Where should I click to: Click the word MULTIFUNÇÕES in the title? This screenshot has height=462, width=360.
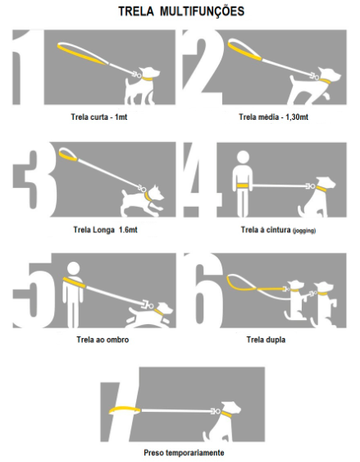click(x=202, y=12)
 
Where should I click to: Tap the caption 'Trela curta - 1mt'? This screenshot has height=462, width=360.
click(x=99, y=117)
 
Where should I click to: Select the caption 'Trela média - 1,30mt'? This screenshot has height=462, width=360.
click(x=273, y=117)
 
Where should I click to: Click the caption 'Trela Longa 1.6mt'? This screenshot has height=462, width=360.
click(x=105, y=230)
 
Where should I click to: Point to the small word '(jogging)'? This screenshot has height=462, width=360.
click(x=304, y=231)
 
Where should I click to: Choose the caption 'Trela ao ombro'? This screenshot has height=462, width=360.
click(x=103, y=340)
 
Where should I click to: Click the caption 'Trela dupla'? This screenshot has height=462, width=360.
click(x=266, y=340)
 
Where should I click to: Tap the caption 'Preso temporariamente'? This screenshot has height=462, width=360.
click(x=184, y=452)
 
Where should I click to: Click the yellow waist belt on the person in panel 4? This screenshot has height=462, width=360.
click(x=243, y=185)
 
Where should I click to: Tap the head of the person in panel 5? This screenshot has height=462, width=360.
click(x=73, y=268)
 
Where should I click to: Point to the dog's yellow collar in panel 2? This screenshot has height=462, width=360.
click(x=325, y=81)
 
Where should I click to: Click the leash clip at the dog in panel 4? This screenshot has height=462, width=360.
click(x=310, y=186)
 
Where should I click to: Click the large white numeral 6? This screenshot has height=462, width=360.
click(x=203, y=290)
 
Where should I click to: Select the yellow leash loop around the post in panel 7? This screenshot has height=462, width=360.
click(x=125, y=409)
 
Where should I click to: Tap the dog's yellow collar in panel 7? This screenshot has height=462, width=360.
click(x=226, y=414)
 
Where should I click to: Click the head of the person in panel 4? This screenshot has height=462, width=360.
click(x=243, y=158)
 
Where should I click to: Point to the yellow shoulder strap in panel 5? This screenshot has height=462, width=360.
click(x=74, y=282)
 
